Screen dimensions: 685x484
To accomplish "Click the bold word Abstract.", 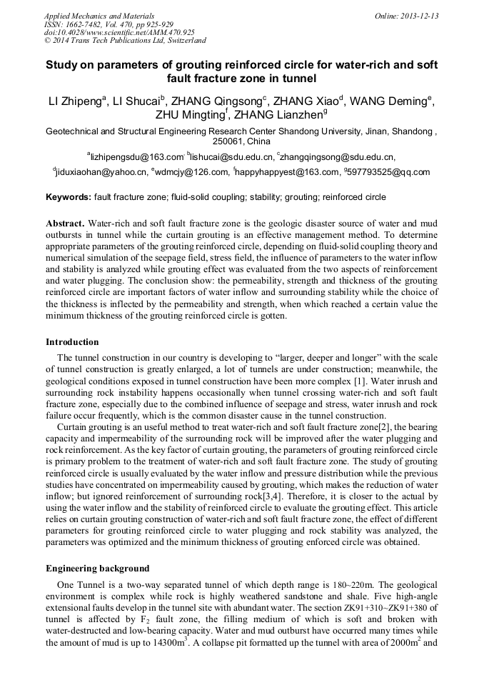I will pyautogui.click(x=65, y=223).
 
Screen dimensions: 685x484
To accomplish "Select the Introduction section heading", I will pyautogui.click(x=72, y=342).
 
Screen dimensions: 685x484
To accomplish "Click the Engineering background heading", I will pyautogui.click(x=98, y=569).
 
